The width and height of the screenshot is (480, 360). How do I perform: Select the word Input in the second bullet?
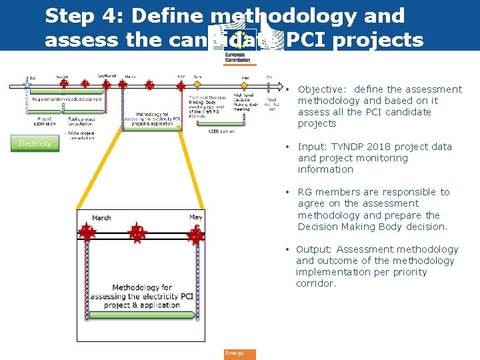[x=311, y=147]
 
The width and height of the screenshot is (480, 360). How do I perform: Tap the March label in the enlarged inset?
[x=101, y=218]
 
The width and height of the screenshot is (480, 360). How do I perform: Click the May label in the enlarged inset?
[x=195, y=217]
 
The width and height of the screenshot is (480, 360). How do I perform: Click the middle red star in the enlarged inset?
[x=137, y=233]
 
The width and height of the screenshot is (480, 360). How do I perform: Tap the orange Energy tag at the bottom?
[x=239, y=353]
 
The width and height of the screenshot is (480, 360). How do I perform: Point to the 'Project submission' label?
[x=44, y=121]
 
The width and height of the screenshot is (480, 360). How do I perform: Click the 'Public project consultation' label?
[x=82, y=121]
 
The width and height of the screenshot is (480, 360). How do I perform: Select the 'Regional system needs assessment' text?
[x=67, y=99]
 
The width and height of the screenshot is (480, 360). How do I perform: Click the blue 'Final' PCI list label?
[x=271, y=99]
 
